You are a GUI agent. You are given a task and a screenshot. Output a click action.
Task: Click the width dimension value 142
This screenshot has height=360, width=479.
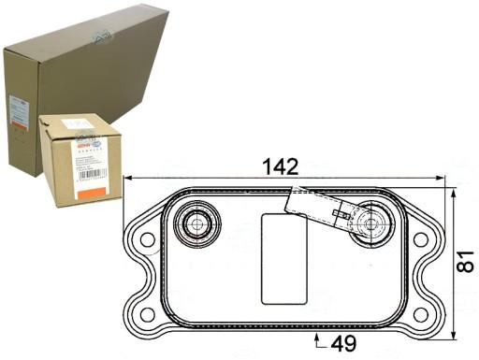click(x=280, y=166)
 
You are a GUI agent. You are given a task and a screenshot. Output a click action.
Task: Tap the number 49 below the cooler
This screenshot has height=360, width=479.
click(x=342, y=343)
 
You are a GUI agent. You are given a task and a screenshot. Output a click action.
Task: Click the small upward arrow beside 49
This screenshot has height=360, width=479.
click(x=319, y=338)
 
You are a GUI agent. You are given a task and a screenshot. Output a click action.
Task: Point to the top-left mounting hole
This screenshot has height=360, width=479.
click(x=147, y=239)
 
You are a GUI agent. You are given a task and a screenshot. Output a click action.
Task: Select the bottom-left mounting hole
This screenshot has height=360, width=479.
click(x=147, y=313)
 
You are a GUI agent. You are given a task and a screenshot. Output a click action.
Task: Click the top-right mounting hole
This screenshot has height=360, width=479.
click(x=420, y=239)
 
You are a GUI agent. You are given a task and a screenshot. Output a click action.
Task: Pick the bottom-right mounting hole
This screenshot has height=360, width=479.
click(x=420, y=313)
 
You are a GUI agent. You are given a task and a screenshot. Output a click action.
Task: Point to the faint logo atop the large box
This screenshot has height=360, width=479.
click(x=101, y=35)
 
